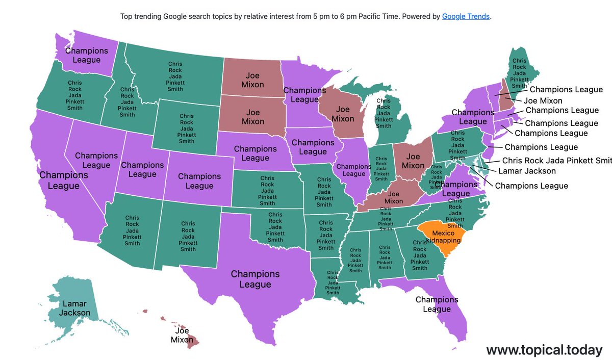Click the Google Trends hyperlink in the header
(x=466, y=16)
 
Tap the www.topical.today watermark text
(x=544, y=350)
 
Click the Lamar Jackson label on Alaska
(x=74, y=308)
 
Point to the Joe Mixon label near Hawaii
(x=182, y=335)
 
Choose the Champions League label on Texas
(x=255, y=279)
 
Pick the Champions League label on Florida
(x=437, y=304)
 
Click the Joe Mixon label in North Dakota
(x=252, y=80)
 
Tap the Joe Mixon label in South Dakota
(x=252, y=117)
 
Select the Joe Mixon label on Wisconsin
(x=342, y=114)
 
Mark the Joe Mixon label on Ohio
(x=413, y=161)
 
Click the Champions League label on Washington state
(x=87, y=55)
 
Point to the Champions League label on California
(x=63, y=181)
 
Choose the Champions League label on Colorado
(x=199, y=181)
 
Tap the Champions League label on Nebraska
(x=255, y=153)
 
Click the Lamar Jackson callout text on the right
(x=527, y=171)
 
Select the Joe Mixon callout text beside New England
(x=543, y=100)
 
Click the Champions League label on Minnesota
(x=304, y=95)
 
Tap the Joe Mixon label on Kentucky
(x=393, y=197)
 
